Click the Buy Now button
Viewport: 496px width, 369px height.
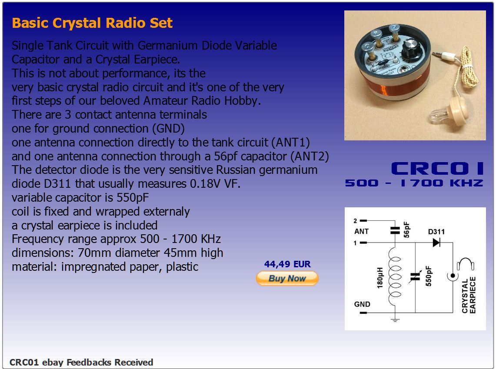(287, 278)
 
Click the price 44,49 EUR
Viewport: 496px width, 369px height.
(287, 264)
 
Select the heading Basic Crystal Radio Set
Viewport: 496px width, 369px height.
(92, 23)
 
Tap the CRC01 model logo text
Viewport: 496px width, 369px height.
(437, 168)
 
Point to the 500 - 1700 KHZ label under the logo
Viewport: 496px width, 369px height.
(414, 183)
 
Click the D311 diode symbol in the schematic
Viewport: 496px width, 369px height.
(436, 243)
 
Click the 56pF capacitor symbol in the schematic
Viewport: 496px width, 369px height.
(395, 230)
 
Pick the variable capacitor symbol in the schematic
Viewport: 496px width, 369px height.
(415, 277)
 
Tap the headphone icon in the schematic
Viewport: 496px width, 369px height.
(465, 263)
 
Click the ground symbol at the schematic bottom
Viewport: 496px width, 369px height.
(395, 320)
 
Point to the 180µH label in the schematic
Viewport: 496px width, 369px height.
(380, 278)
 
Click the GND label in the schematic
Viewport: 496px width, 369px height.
(362, 304)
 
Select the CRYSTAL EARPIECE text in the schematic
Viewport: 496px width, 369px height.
(469, 295)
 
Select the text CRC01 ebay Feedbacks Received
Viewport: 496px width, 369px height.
(81, 362)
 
